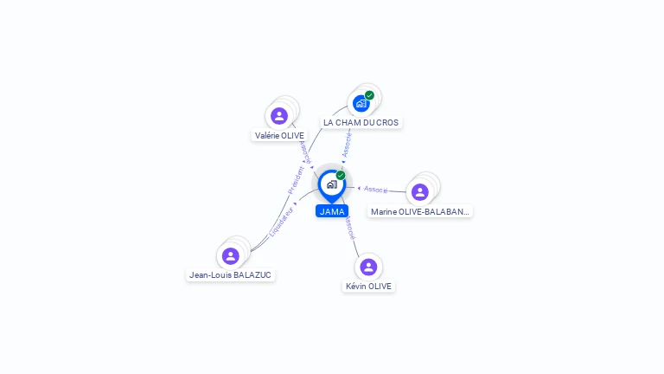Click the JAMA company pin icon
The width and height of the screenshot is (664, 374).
pos(331,184)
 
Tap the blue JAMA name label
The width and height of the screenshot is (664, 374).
pos(332,211)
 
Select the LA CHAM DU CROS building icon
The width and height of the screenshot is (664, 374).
pos(361,103)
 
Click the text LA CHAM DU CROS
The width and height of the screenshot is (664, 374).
pos(361,123)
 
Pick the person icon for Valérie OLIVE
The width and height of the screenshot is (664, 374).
pos(278,115)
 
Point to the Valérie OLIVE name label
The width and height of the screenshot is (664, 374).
pos(279,136)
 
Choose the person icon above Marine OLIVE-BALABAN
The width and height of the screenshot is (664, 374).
pos(420,191)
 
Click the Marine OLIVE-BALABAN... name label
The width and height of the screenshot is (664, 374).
pos(420,211)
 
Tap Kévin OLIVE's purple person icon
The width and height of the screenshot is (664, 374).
pos(368,267)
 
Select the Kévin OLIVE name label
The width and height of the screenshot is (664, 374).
pos(368,287)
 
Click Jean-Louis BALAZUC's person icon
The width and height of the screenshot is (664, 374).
pos(230,255)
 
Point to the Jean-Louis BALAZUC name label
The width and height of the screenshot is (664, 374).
pos(230,275)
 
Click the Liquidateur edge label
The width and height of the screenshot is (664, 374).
pos(282,222)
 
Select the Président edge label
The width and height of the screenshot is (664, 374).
pos(296,179)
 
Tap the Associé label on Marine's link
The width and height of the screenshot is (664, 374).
pos(376,189)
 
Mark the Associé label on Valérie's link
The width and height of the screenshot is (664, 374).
pos(304,152)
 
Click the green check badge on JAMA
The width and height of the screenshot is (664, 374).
pos(341,176)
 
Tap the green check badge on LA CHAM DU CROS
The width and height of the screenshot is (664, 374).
pos(369,95)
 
